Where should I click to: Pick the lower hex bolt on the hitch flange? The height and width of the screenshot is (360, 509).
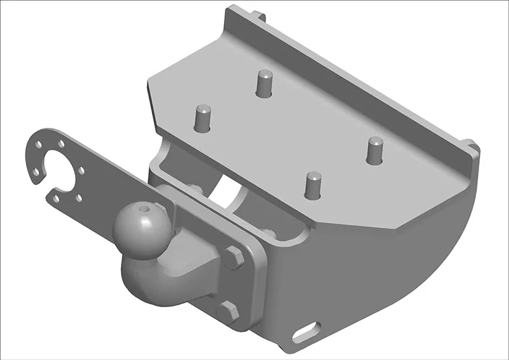(228, 311)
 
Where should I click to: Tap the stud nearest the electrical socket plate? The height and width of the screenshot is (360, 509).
(202, 118)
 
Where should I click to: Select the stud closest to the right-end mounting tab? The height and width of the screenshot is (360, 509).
(374, 150)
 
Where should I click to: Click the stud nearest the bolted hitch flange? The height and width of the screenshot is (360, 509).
(312, 184)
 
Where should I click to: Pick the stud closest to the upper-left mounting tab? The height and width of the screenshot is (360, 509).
(264, 83)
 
